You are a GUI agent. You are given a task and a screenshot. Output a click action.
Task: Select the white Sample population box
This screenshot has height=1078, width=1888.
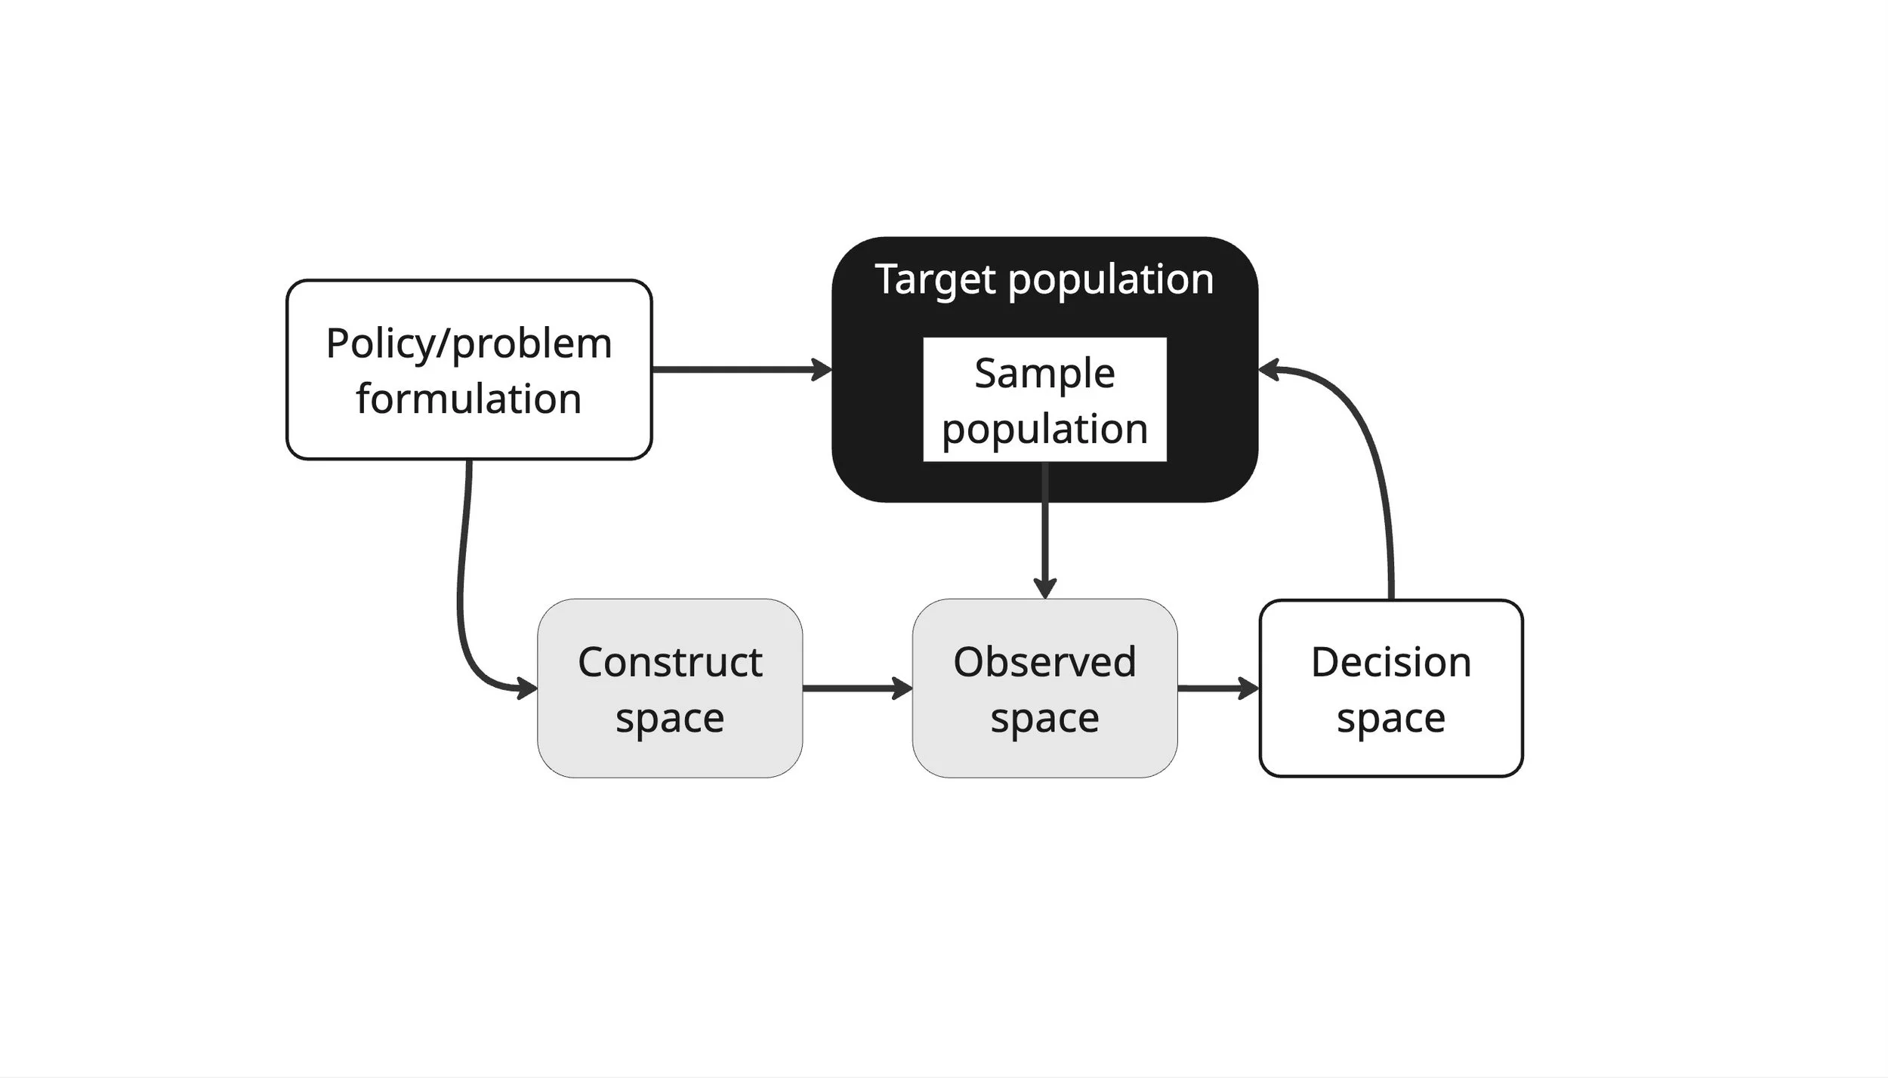click(1044, 400)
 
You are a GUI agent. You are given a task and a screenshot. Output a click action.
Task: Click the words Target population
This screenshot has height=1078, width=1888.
click(1044, 279)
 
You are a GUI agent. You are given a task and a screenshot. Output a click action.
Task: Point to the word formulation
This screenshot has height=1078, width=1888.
click(468, 399)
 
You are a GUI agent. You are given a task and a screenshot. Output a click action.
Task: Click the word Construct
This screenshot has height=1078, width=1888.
click(669, 662)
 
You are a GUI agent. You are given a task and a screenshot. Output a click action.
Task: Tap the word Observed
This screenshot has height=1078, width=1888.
click(1044, 662)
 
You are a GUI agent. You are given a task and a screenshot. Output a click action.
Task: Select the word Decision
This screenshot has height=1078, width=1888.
click(1390, 662)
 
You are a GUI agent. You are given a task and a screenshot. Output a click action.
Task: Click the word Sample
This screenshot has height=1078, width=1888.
click(1044, 373)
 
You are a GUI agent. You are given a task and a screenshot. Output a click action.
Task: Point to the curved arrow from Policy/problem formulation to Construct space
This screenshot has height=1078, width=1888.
click(461, 589)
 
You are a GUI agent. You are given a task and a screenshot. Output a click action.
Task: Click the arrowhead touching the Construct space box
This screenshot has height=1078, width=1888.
click(527, 688)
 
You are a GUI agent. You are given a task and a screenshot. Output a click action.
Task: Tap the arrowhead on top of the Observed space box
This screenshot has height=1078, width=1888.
click(1044, 587)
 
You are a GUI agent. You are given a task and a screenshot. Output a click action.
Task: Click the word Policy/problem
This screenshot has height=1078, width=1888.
click(468, 344)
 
